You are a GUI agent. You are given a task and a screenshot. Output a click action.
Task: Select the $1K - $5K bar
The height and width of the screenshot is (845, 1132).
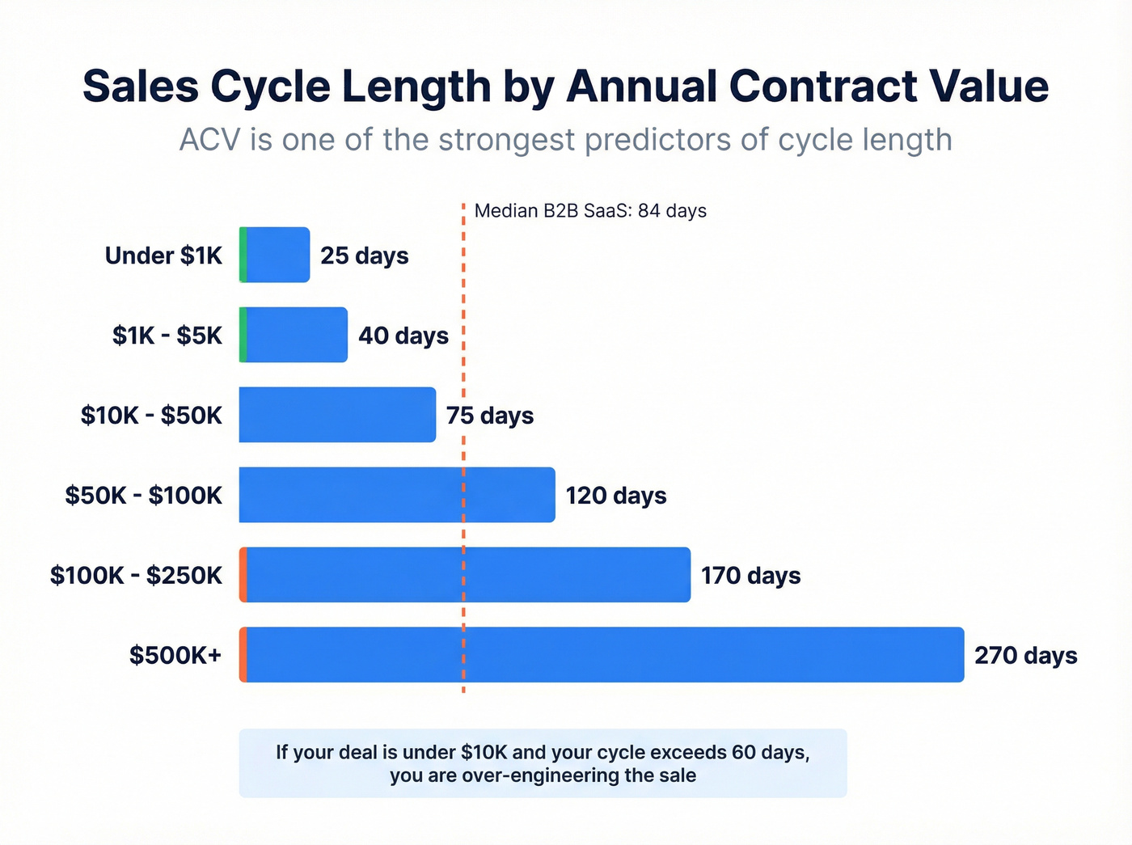pos(296,335)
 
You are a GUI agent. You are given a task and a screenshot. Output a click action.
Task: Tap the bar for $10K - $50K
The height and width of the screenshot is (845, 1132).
pos(337,415)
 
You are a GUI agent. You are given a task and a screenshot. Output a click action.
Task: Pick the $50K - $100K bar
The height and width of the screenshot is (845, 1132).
pos(396,495)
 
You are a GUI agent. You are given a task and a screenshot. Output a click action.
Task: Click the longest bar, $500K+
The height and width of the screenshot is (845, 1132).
pos(603,655)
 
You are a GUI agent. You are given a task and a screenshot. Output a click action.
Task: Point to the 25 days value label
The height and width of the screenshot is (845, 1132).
pos(364,256)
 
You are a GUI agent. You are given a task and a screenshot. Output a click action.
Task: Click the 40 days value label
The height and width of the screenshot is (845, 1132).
pos(403,336)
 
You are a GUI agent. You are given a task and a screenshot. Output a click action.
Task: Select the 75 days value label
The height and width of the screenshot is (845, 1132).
pos(490,416)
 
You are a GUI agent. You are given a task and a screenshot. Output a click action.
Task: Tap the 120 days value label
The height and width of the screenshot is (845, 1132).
pos(615,496)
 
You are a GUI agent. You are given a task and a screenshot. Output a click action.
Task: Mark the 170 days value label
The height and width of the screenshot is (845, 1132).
pos(750,576)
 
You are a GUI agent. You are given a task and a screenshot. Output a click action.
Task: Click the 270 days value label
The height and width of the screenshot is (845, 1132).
pos(1025,655)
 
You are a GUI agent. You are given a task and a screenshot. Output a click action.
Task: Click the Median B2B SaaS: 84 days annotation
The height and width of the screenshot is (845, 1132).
pos(590,211)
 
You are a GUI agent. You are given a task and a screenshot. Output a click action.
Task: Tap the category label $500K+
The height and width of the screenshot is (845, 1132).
pos(175,655)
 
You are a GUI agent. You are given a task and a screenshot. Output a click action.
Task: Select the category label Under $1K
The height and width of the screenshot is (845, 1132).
pos(163,256)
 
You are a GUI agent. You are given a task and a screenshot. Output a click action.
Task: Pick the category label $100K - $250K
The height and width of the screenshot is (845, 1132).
pos(136,576)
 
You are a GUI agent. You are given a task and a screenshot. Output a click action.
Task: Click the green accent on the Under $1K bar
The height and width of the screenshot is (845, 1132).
pos(243,255)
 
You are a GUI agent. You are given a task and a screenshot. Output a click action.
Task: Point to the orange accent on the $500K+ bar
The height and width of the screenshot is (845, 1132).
pos(243,655)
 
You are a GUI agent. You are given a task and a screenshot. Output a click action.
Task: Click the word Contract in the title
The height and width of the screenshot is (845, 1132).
pos(822,87)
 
